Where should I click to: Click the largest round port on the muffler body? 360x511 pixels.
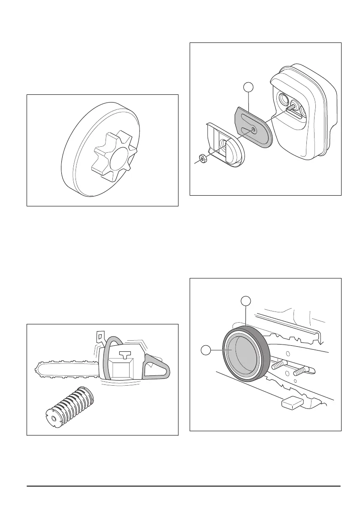coord(283,100)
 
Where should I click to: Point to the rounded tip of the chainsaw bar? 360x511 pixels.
coord(36,369)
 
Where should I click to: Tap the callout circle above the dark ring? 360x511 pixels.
coord(245,301)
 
